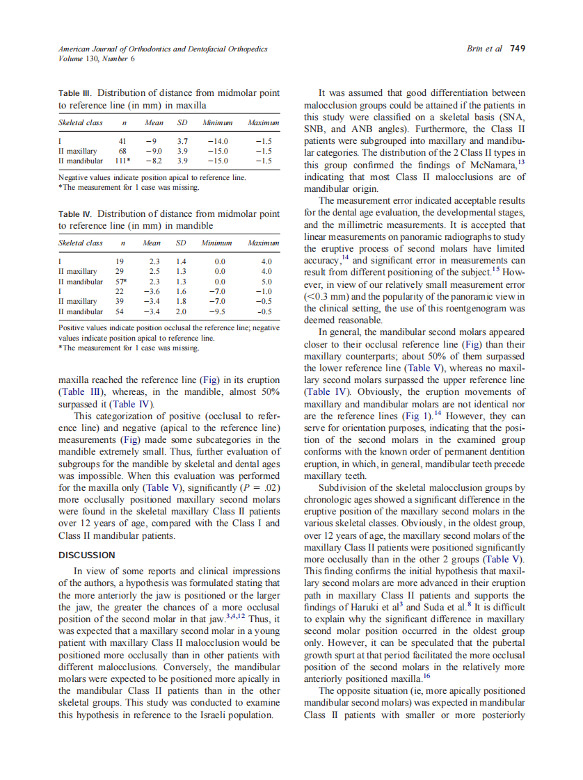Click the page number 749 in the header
point(517,49)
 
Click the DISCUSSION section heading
point(86,555)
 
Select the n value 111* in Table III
point(123,160)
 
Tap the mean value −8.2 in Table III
point(154,160)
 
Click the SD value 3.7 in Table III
point(183,140)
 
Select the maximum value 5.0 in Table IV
point(265,282)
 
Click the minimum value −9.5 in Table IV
point(218,311)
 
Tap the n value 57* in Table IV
point(121,282)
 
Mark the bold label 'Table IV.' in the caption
point(76,214)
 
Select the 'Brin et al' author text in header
point(484,49)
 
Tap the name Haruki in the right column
point(371,607)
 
